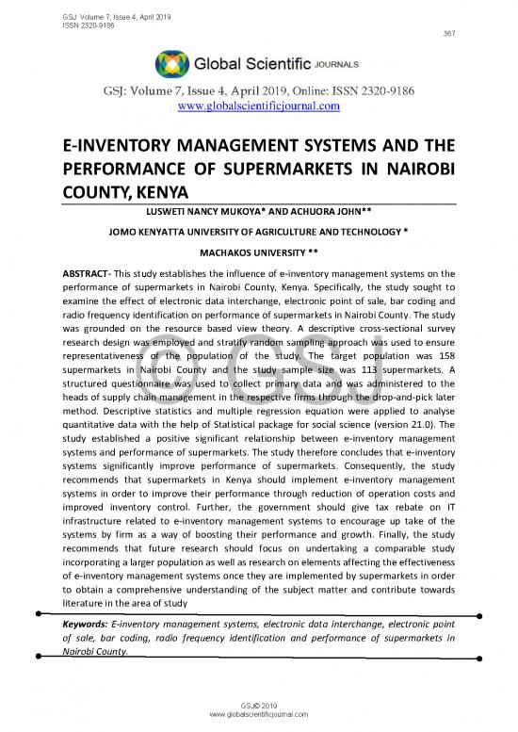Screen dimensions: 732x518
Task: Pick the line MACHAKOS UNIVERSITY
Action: pyautogui.click(x=259, y=252)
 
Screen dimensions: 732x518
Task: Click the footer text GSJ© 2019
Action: pyautogui.click(x=258, y=705)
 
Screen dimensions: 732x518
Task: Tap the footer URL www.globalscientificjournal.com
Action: pyautogui.click(x=258, y=714)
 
